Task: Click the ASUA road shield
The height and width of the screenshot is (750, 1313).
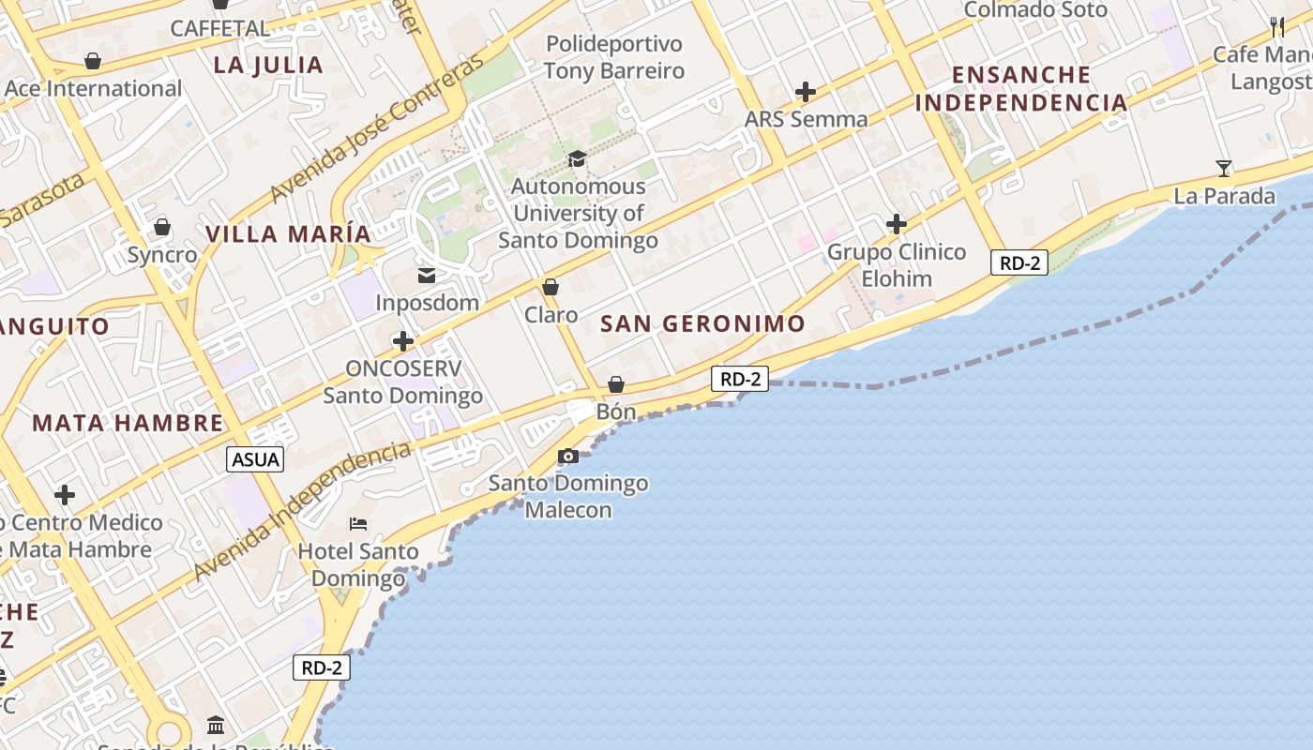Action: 256,459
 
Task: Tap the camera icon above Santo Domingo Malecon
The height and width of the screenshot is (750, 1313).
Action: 568,457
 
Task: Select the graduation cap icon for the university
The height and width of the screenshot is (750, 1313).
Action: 577,159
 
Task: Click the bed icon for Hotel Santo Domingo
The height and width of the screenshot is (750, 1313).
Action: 358,523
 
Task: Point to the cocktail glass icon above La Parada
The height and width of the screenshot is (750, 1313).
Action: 1224,169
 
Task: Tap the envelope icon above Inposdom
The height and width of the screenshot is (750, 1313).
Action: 427,276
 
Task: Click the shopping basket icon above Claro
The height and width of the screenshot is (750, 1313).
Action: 551,287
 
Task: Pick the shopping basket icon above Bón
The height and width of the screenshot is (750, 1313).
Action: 616,384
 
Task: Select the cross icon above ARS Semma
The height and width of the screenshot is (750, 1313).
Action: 806,92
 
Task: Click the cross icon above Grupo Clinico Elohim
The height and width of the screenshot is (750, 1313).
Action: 897,224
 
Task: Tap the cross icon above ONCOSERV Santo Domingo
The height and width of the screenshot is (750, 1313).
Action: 403,341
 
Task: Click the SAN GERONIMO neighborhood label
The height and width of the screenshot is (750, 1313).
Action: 702,324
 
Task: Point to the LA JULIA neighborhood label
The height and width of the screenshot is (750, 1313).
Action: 268,66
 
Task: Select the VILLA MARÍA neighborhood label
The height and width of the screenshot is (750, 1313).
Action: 288,234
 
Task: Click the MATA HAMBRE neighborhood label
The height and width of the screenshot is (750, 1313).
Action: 128,423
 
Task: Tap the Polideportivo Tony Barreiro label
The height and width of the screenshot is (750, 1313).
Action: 614,57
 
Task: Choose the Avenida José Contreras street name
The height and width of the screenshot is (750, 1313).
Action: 377,127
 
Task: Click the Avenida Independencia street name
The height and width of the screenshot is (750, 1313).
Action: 302,511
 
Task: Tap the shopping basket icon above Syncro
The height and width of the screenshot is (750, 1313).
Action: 162,227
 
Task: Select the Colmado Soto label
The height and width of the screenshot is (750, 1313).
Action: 1035,10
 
